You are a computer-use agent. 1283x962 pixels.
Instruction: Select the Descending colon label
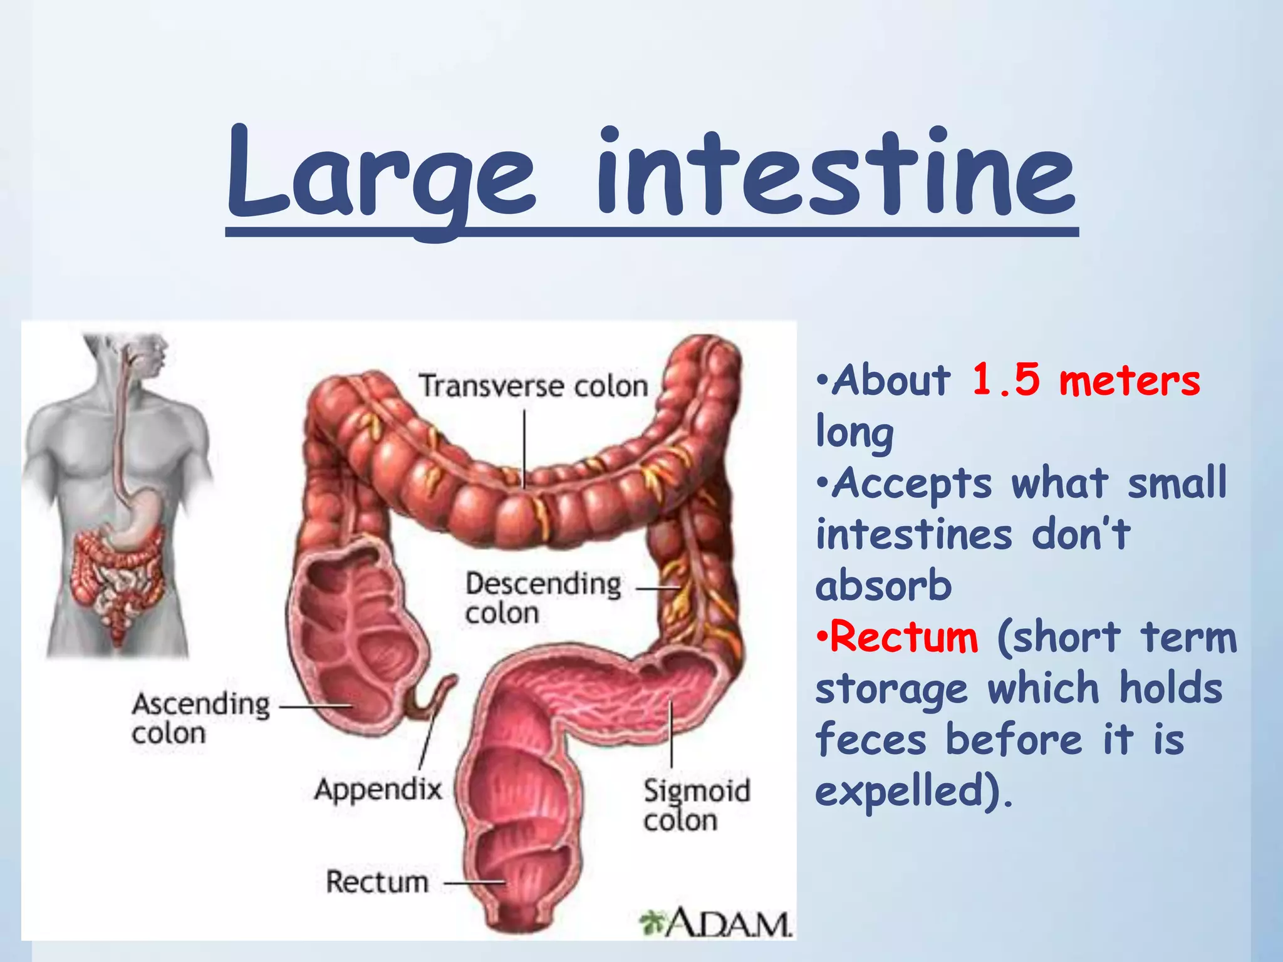[543, 598]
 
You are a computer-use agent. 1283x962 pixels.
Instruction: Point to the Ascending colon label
[200, 718]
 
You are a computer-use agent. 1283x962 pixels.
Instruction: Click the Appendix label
[378, 789]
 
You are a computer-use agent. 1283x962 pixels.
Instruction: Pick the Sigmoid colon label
[696, 805]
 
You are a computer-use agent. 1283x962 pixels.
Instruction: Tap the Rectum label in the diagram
[377, 882]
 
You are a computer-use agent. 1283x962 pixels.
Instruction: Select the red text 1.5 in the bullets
[1005, 380]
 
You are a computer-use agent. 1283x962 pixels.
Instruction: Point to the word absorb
[883, 586]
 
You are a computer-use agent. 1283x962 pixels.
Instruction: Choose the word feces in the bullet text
[871, 740]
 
